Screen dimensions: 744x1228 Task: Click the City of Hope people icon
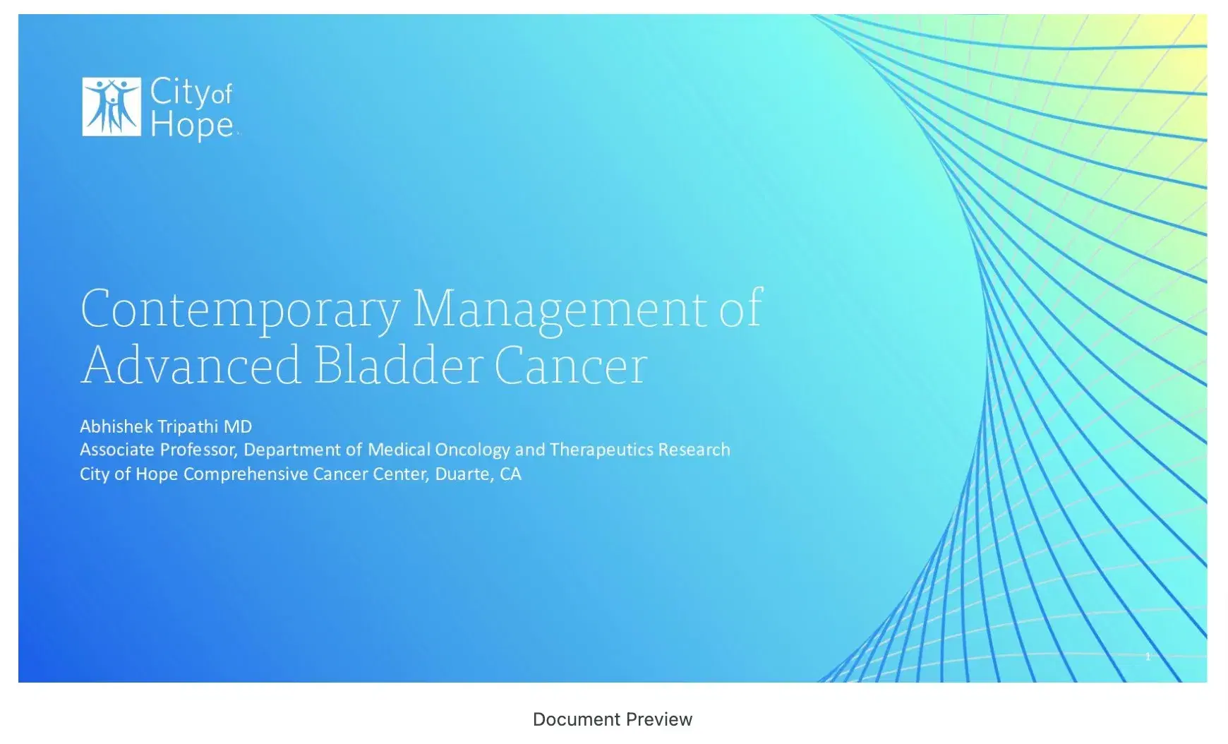112,107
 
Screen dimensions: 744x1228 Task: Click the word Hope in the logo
191,125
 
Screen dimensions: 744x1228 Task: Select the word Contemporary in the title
240,309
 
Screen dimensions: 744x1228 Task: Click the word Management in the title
560,309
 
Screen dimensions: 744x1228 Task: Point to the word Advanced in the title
191,366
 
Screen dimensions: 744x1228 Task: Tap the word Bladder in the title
397,366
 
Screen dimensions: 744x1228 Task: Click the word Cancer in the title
570,366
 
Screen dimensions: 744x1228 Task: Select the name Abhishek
116,426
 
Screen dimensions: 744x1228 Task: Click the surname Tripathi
188,426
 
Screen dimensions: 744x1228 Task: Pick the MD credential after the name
238,426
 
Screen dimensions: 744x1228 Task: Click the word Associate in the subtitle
116,450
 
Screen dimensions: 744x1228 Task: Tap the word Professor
198,450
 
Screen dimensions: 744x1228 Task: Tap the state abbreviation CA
510,474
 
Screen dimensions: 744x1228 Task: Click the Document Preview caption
613,719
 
